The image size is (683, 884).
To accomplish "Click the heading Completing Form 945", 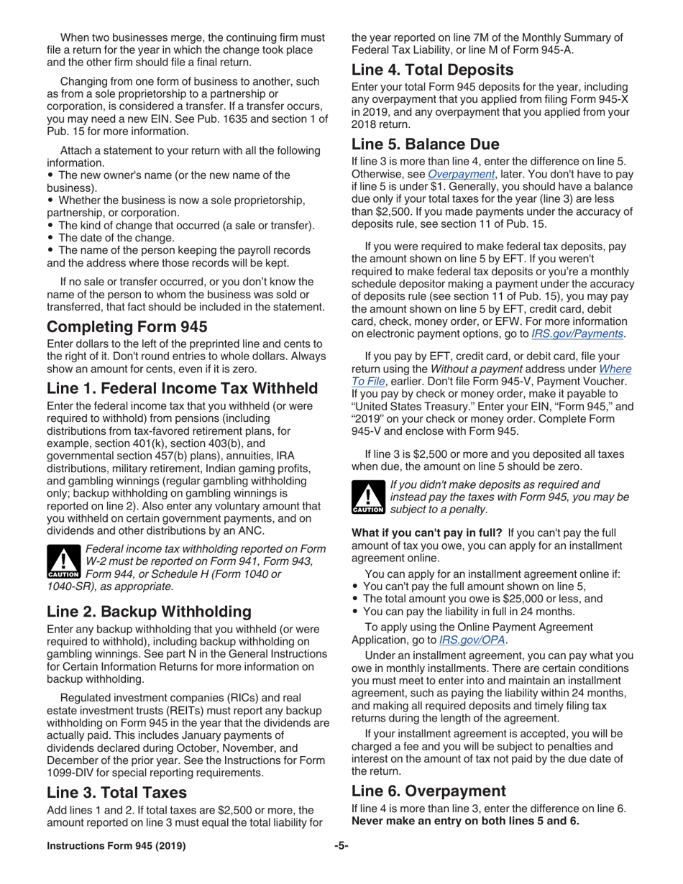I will (127, 327).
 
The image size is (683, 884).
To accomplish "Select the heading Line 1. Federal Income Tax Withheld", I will (182, 389).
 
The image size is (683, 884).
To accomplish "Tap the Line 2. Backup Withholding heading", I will (149, 612).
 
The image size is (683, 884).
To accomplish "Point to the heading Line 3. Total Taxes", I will (116, 792).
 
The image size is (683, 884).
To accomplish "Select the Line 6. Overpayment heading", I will (428, 791).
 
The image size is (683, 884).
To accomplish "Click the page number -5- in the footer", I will (341, 846).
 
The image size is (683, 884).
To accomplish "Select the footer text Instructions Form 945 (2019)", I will (116, 846).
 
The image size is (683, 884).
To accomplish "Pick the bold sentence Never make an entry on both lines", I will (465, 821).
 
